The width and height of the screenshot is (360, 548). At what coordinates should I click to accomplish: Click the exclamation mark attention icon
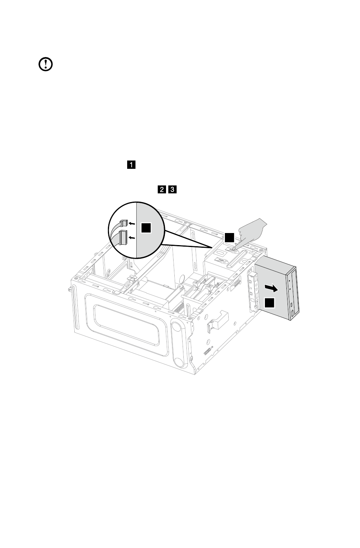tap(46, 64)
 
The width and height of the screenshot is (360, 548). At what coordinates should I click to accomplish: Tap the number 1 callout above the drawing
tap(131, 165)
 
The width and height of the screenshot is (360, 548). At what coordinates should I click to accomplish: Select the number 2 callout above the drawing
tap(162, 190)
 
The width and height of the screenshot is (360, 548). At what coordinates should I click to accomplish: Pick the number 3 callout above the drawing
tap(172, 190)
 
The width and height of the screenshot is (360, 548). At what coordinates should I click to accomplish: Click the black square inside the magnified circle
tap(146, 228)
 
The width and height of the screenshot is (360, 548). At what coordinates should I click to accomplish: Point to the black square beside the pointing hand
tap(229, 238)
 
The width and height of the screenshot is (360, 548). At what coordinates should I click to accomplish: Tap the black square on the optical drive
tap(269, 303)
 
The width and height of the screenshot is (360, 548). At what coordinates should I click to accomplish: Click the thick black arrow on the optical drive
tap(271, 289)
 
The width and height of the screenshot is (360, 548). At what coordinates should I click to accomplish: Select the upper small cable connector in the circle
tap(124, 223)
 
